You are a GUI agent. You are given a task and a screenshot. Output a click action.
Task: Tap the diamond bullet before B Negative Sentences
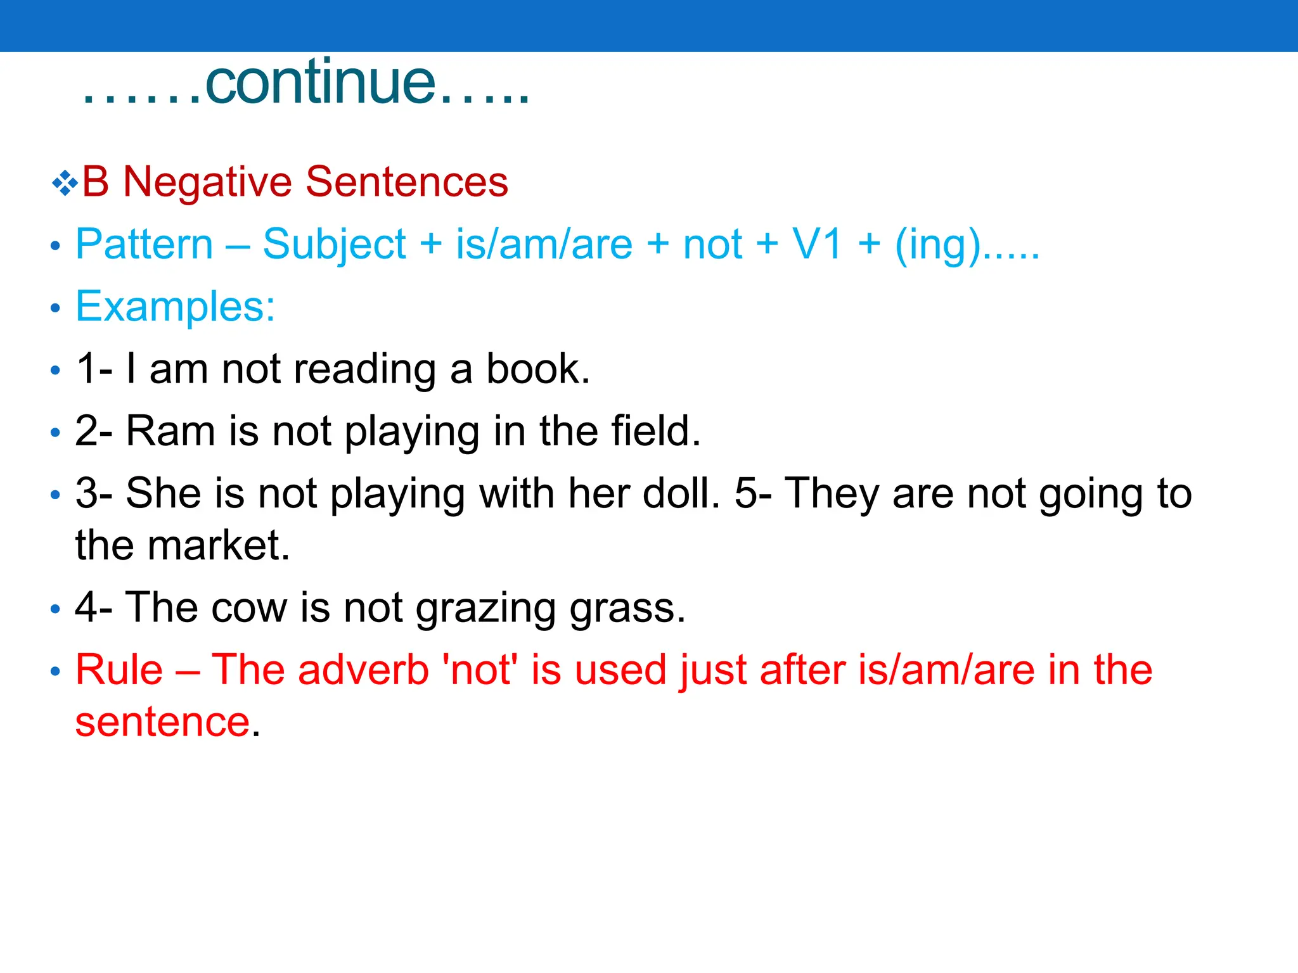[65, 184]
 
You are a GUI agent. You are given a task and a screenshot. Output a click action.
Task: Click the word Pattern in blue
[145, 245]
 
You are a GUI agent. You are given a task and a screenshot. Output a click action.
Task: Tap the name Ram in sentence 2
[170, 431]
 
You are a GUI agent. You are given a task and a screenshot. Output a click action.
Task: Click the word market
[218, 545]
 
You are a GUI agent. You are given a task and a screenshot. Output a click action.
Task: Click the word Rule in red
[119, 670]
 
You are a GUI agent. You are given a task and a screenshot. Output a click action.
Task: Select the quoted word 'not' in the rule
[480, 670]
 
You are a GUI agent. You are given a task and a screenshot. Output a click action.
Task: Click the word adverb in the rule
[363, 670]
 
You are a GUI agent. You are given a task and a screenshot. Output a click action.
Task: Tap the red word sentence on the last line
[162, 722]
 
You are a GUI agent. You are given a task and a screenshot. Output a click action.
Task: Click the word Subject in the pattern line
[334, 246]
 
